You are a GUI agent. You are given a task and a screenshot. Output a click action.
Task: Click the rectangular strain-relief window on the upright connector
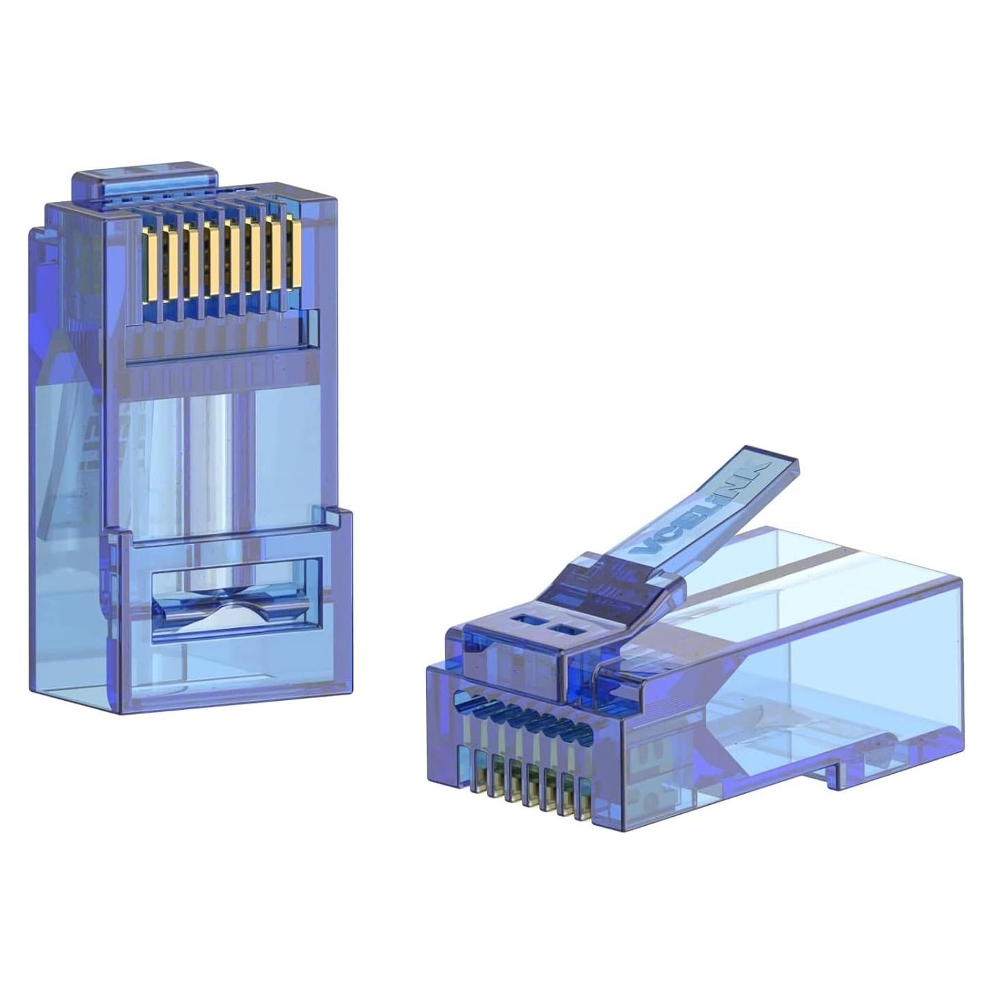click(236, 600)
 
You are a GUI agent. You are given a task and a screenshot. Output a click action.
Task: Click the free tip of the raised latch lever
click(777, 461)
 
